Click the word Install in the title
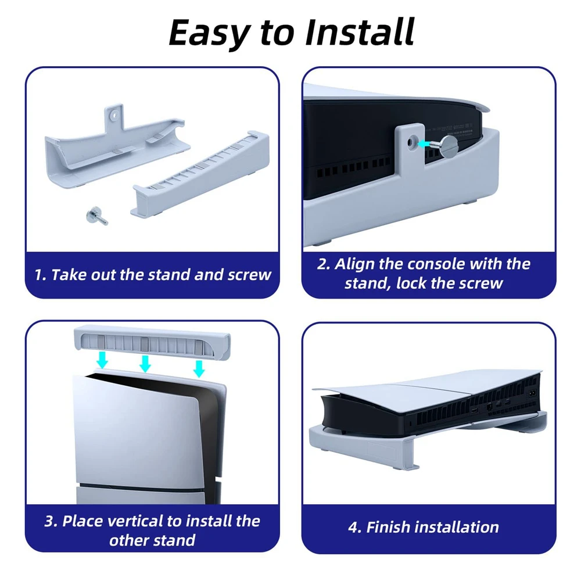tap(359, 32)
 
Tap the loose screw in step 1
tap(96, 216)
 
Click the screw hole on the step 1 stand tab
tap(114, 116)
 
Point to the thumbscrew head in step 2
tap(449, 145)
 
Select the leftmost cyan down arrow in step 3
tap(102, 360)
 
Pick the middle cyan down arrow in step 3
tap(145, 363)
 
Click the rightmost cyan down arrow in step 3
tap(199, 368)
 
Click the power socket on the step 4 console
tap(532, 393)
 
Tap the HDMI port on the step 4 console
tap(474, 411)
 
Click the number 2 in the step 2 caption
tap(323, 264)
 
